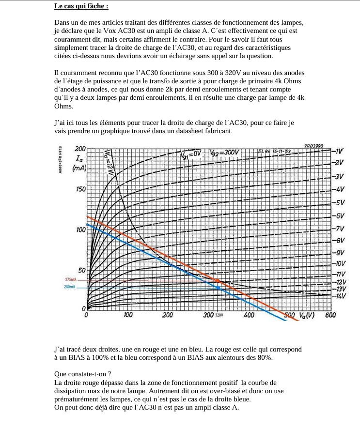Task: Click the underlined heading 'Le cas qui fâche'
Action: (81, 6)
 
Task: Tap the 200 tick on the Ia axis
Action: (80, 149)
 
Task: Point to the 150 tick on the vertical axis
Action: (80, 189)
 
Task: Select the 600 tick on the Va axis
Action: (330, 315)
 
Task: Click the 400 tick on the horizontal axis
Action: (250, 315)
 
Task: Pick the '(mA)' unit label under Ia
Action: (78, 168)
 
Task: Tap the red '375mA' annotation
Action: (71, 280)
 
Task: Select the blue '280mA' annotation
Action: (70, 287)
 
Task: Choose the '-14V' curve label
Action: (341, 295)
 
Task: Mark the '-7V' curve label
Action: (340, 229)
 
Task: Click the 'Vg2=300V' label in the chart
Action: (225, 153)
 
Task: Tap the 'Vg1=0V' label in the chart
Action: (190, 155)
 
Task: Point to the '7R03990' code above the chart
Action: (314, 146)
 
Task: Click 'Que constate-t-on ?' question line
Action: (83, 374)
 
